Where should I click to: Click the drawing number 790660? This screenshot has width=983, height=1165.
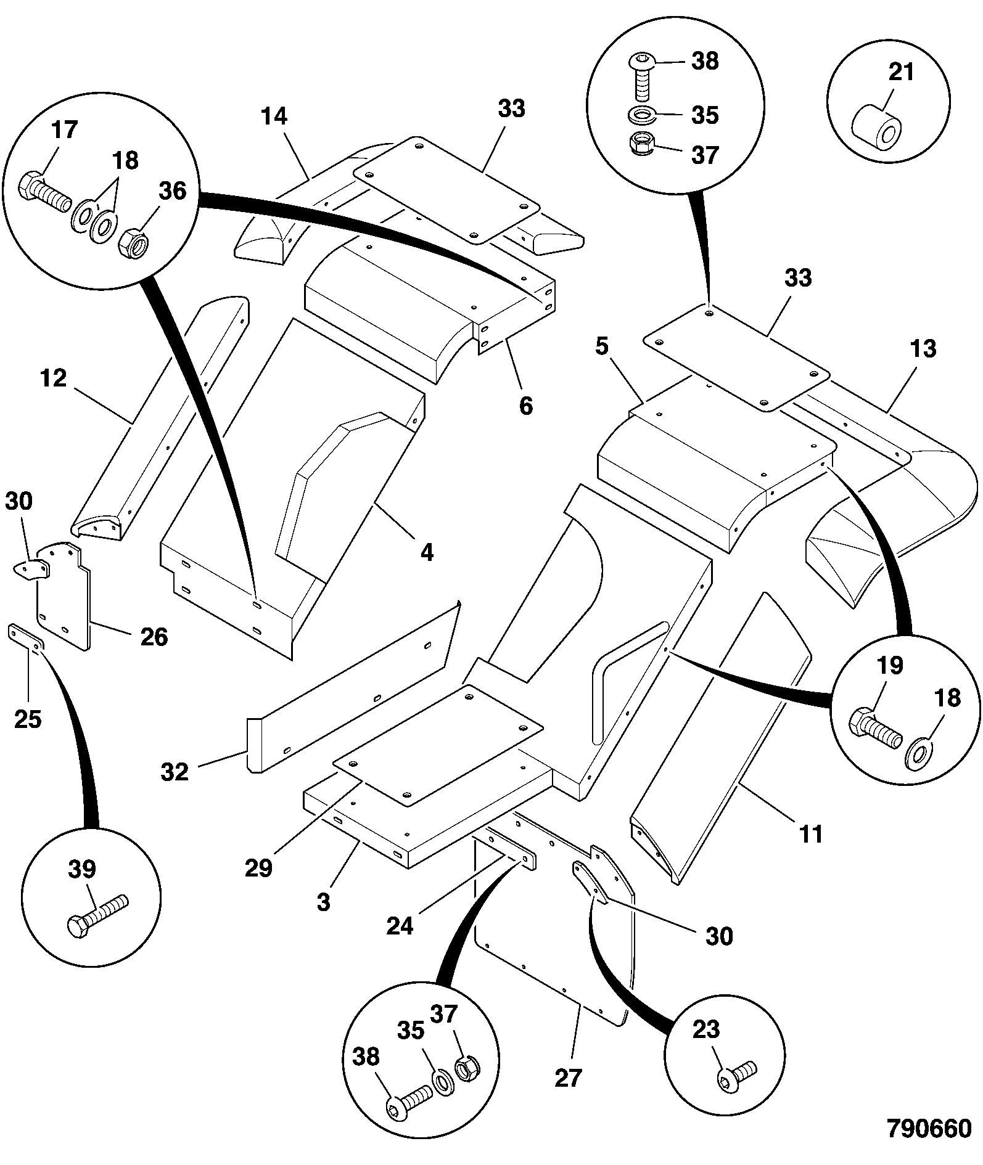tap(929, 1129)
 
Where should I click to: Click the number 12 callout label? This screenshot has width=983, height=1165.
tap(53, 378)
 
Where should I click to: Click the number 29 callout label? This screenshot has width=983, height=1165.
tap(258, 868)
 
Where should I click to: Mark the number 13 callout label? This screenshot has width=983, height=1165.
tap(923, 348)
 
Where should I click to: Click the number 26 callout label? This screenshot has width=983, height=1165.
tap(154, 637)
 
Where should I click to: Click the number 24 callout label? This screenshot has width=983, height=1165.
tap(399, 925)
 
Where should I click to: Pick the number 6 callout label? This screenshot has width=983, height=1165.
tap(525, 406)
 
